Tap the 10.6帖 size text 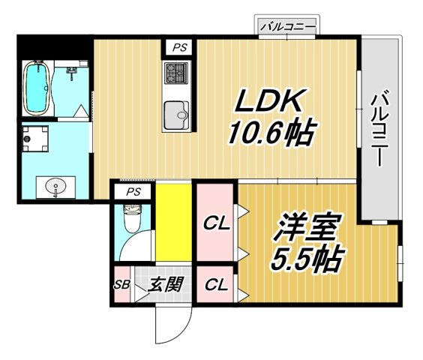click(271, 135)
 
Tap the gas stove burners click(178, 73)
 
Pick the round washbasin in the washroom click(55, 186)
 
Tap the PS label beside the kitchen click(178, 46)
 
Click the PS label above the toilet click(133, 192)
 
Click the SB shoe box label click(121, 285)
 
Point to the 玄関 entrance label click(160, 285)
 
